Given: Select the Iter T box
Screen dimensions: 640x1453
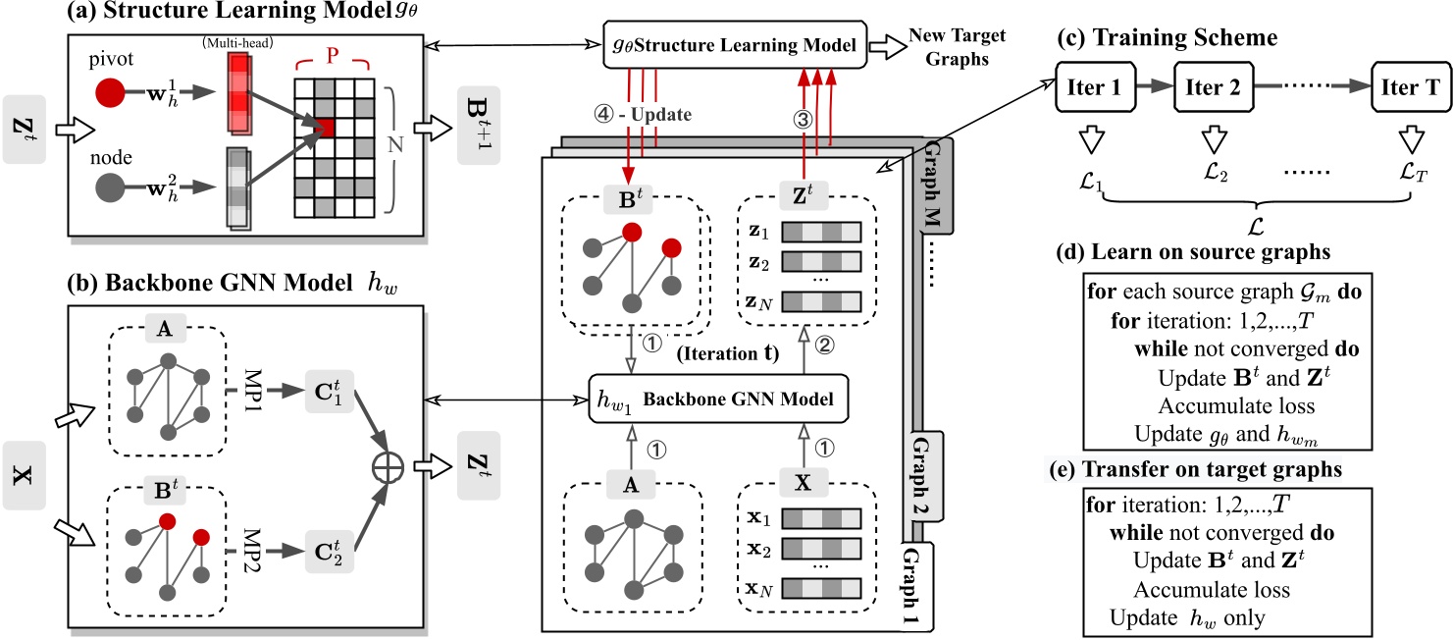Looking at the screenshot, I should [x=1410, y=86].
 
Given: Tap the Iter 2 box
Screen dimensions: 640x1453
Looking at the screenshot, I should [x=1213, y=86].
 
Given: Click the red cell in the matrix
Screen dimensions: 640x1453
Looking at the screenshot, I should [x=326, y=128].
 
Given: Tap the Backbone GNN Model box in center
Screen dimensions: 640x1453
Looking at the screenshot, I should [x=716, y=400].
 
